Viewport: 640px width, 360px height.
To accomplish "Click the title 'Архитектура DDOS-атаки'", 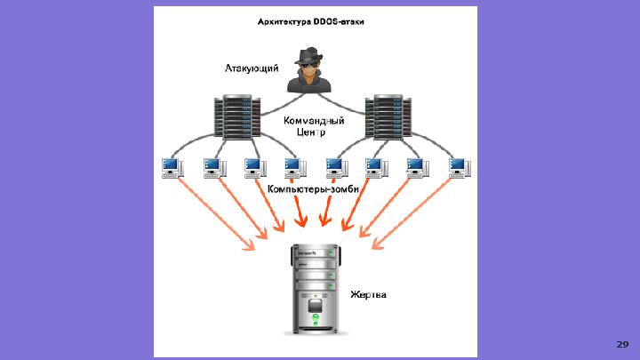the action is (x=310, y=21).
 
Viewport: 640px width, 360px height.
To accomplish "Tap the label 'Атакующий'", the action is (x=252, y=68).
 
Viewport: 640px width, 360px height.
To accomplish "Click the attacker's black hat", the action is (x=308, y=55).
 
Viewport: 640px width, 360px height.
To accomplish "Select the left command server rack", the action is (x=237, y=117).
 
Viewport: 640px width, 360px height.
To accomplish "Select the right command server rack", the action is (x=388, y=117).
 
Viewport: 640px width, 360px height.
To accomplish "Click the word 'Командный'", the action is (x=314, y=121).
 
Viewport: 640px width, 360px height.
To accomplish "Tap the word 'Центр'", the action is (x=311, y=132).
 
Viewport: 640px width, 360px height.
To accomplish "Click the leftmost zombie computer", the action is (x=172, y=168).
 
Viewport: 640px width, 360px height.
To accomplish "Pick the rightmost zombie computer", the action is (x=460, y=168).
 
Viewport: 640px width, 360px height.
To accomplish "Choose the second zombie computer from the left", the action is (x=215, y=168).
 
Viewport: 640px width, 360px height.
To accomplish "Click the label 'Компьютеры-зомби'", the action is (x=313, y=189).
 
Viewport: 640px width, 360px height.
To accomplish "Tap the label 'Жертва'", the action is (x=368, y=295).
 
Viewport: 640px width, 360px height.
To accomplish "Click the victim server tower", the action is (x=316, y=290).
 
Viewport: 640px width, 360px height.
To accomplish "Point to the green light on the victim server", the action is (x=316, y=317).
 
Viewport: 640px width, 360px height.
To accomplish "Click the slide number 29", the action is (x=622, y=345).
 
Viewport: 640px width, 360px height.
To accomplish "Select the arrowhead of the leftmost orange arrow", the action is (x=249, y=245).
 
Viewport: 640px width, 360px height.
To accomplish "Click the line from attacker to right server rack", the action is (x=340, y=105).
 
